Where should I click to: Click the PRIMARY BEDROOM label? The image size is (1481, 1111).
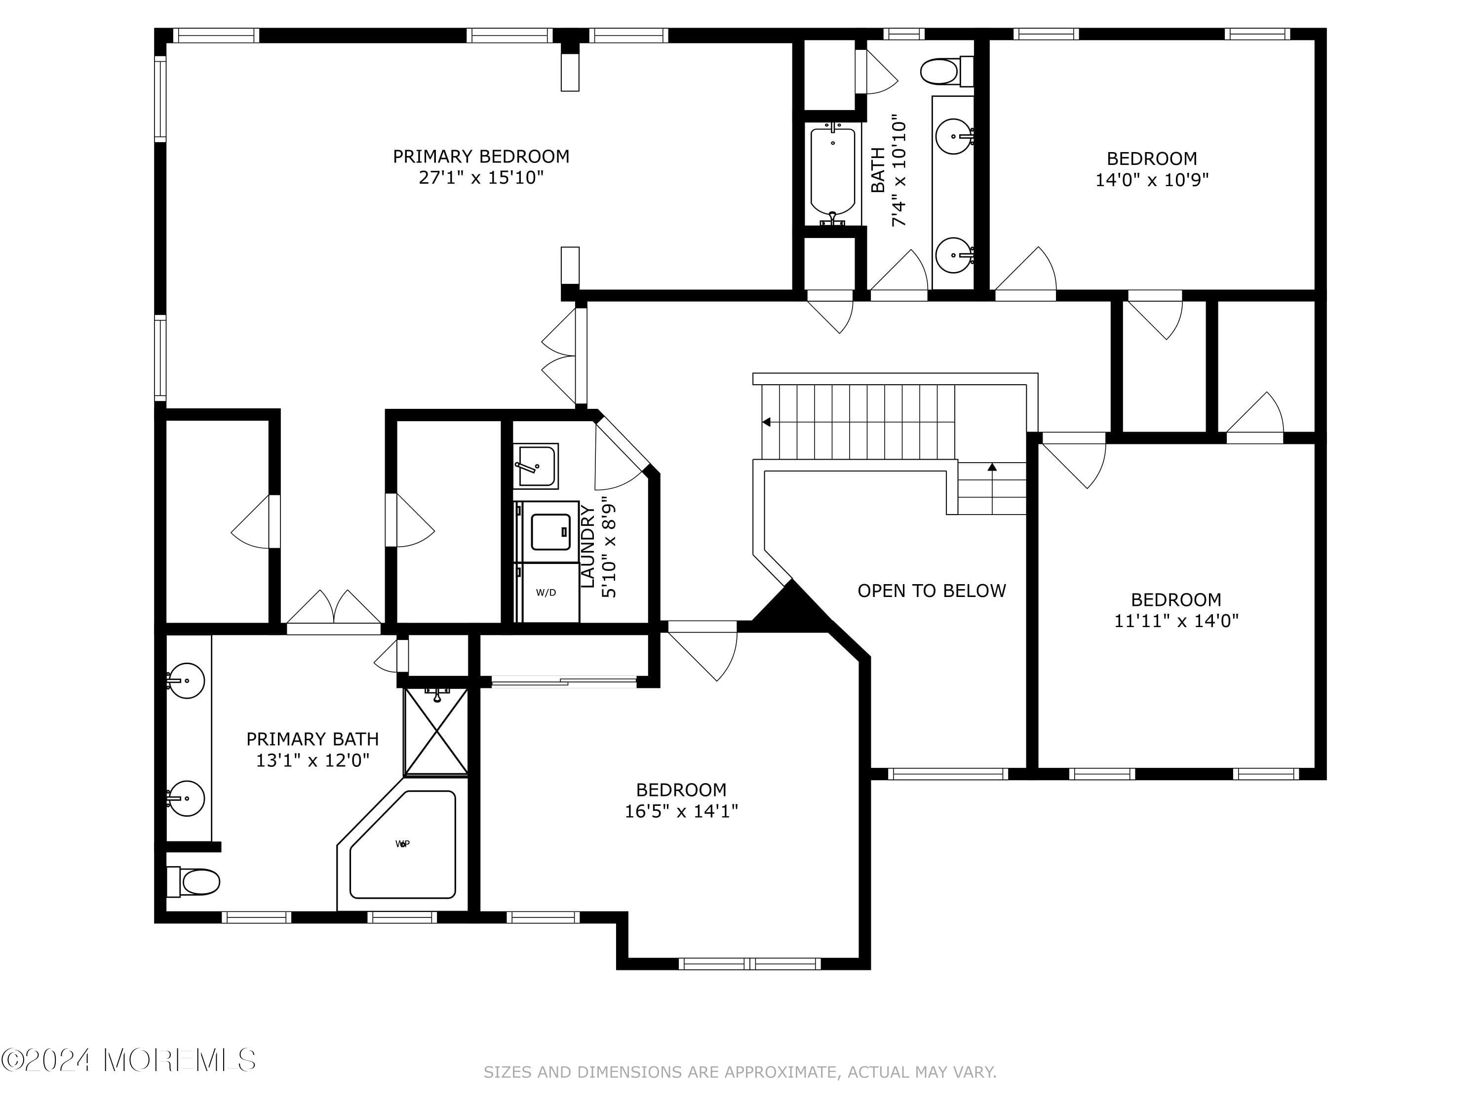click(481, 157)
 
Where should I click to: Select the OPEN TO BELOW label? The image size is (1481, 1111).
click(932, 591)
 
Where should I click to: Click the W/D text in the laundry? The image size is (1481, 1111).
click(546, 593)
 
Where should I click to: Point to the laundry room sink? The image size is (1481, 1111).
click(536, 466)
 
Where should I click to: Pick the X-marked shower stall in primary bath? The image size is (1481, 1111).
click(436, 731)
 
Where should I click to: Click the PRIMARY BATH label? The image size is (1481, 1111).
click(312, 739)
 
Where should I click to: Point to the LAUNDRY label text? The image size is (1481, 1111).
click(587, 547)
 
